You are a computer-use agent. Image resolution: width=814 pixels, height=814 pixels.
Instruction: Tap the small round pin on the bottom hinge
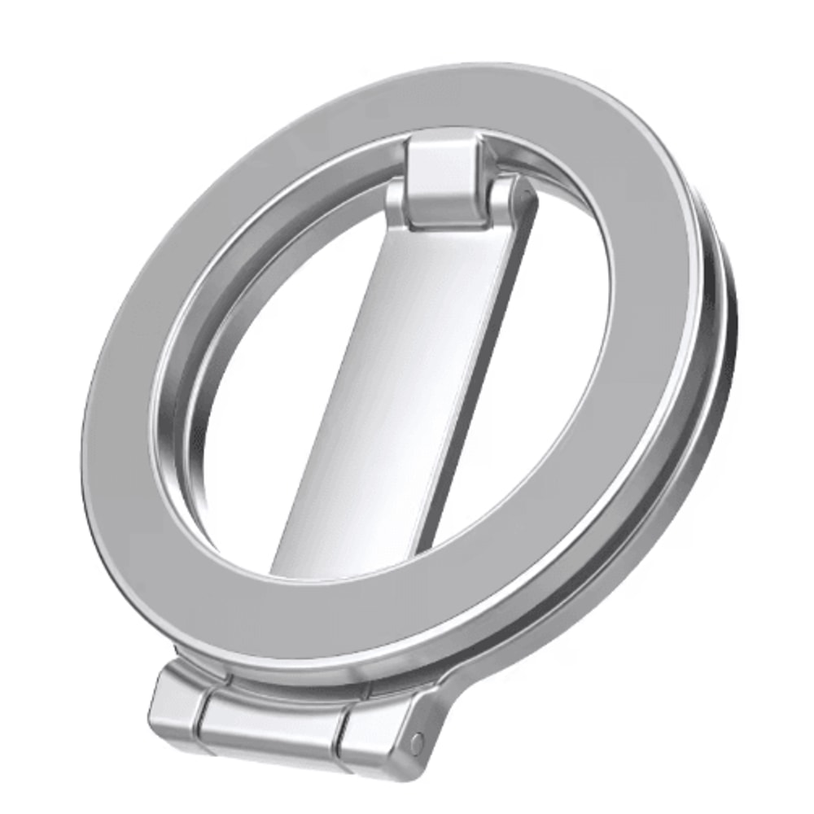point(417,742)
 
